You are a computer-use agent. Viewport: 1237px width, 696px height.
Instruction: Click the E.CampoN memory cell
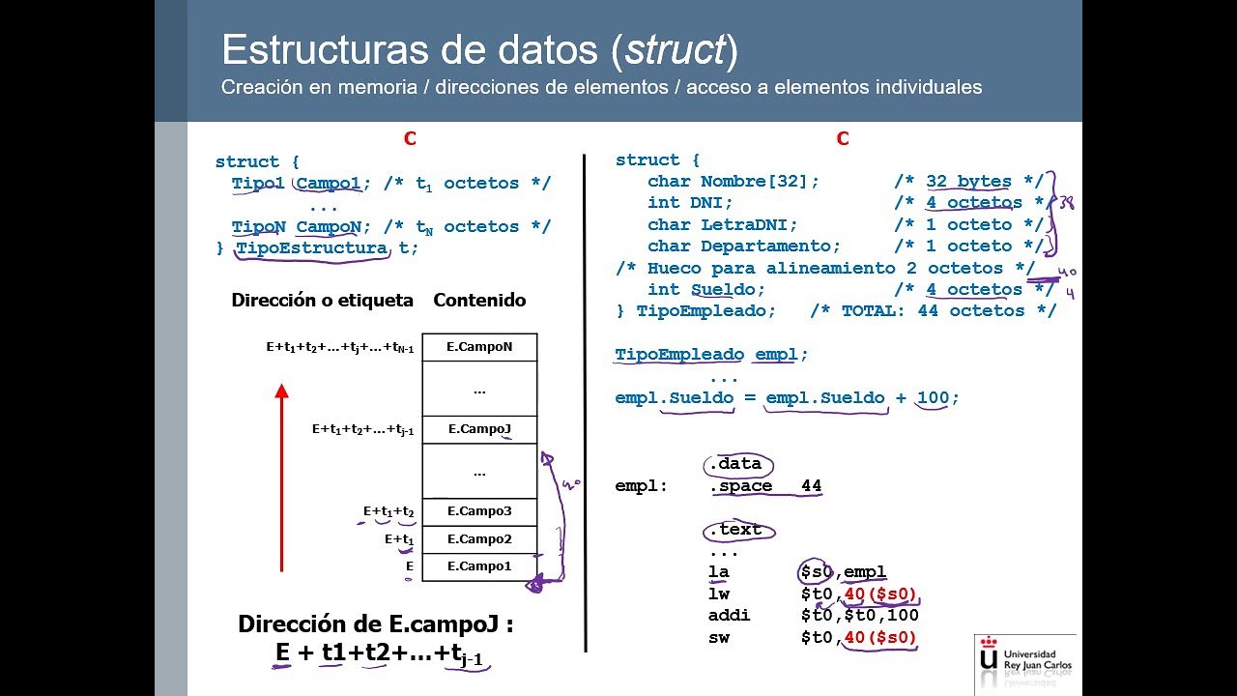point(479,347)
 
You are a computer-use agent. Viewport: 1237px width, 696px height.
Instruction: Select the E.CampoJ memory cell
point(479,429)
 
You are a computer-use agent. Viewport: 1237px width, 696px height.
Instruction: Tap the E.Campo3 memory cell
point(479,511)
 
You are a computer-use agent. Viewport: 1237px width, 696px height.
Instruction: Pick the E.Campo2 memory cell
point(479,539)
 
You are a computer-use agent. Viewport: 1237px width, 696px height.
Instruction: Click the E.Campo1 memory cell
point(479,566)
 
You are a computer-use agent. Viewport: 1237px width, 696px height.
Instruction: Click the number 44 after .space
point(811,486)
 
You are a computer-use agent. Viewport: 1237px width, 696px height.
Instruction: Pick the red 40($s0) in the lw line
point(880,594)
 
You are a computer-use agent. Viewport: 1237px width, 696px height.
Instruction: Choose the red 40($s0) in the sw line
point(880,637)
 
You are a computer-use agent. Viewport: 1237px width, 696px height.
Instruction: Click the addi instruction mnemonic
point(729,616)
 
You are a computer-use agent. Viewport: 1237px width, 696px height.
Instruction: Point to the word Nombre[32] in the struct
point(760,182)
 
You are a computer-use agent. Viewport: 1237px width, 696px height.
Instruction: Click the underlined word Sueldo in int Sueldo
point(728,290)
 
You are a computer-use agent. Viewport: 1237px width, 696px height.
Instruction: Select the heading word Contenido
point(479,301)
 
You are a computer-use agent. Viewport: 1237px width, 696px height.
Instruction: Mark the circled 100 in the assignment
point(933,398)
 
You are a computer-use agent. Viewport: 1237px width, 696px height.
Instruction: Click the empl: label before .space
point(641,486)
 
